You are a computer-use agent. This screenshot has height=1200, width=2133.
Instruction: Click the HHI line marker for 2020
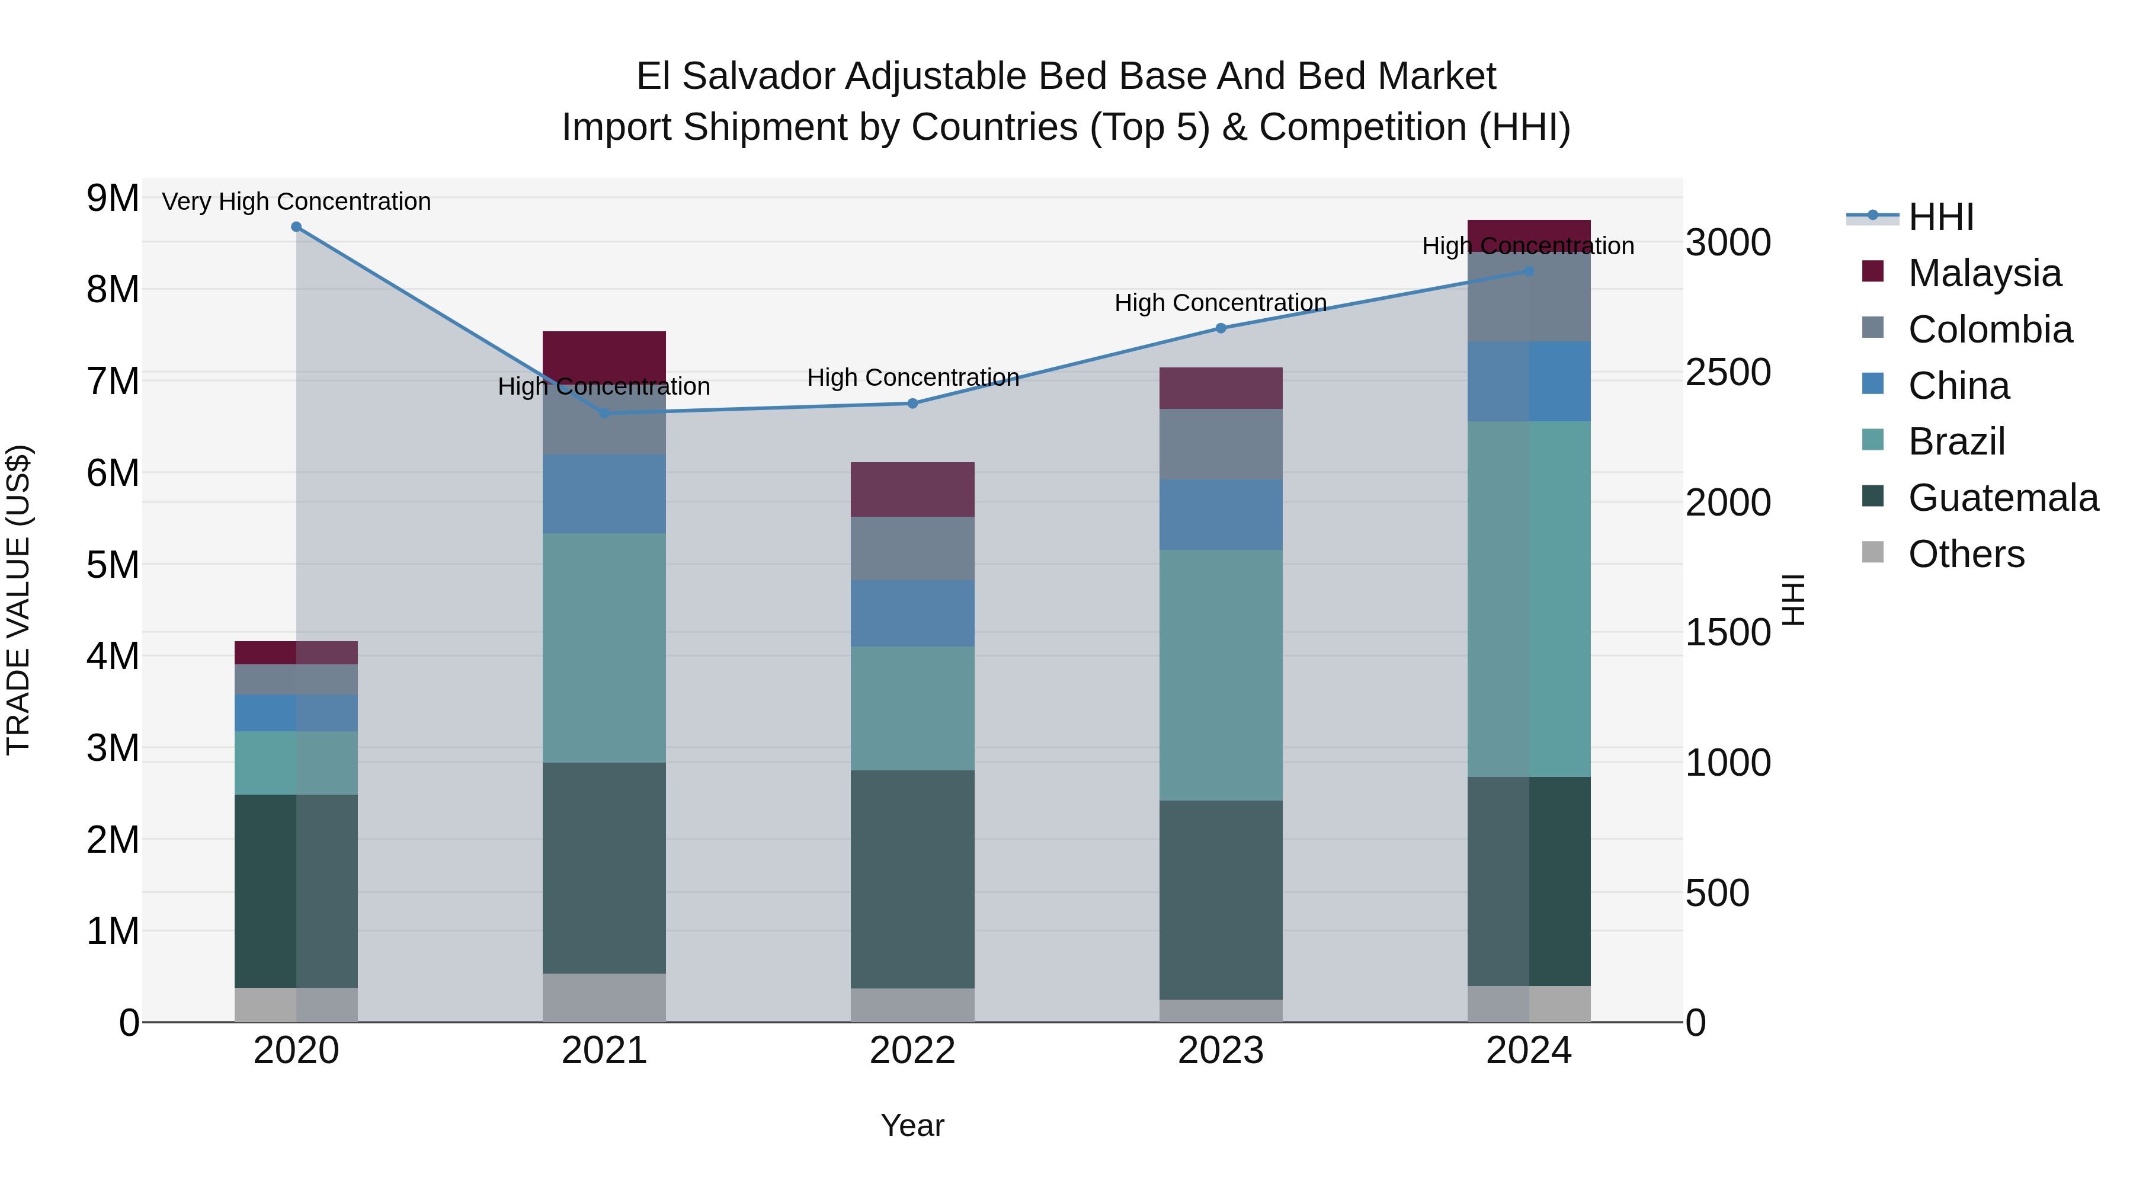click(x=296, y=227)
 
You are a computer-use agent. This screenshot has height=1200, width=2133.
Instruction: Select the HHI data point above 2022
click(x=912, y=404)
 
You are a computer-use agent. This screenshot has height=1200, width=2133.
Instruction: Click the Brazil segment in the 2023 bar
click(x=1221, y=675)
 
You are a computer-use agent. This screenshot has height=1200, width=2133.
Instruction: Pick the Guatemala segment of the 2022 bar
click(x=912, y=879)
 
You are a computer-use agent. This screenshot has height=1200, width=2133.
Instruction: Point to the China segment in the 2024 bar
click(x=1529, y=381)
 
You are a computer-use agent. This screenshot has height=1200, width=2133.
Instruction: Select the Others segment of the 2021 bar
click(x=604, y=997)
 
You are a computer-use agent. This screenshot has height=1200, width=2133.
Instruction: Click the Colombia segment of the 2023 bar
click(x=1221, y=444)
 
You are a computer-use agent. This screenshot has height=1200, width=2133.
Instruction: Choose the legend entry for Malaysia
click(x=1984, y=273)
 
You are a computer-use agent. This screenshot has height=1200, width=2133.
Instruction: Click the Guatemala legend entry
click(x=2002, y=498)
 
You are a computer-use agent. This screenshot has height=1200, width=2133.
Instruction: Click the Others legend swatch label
click(x=1966, y=554)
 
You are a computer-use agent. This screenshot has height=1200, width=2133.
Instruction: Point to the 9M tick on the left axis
click(x=113, y=199)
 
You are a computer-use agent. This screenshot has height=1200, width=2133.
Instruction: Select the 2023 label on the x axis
click(x=1221, y=1051)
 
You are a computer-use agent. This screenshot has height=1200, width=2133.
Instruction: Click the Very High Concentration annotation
click(x=296, y=201)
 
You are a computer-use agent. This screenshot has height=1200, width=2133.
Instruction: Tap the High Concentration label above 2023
click(x=1221, y=303)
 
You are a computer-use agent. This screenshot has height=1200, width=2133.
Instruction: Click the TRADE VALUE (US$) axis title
click(x=18, y=600)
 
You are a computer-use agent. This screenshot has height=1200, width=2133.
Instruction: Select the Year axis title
click(x=912, y=1125)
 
